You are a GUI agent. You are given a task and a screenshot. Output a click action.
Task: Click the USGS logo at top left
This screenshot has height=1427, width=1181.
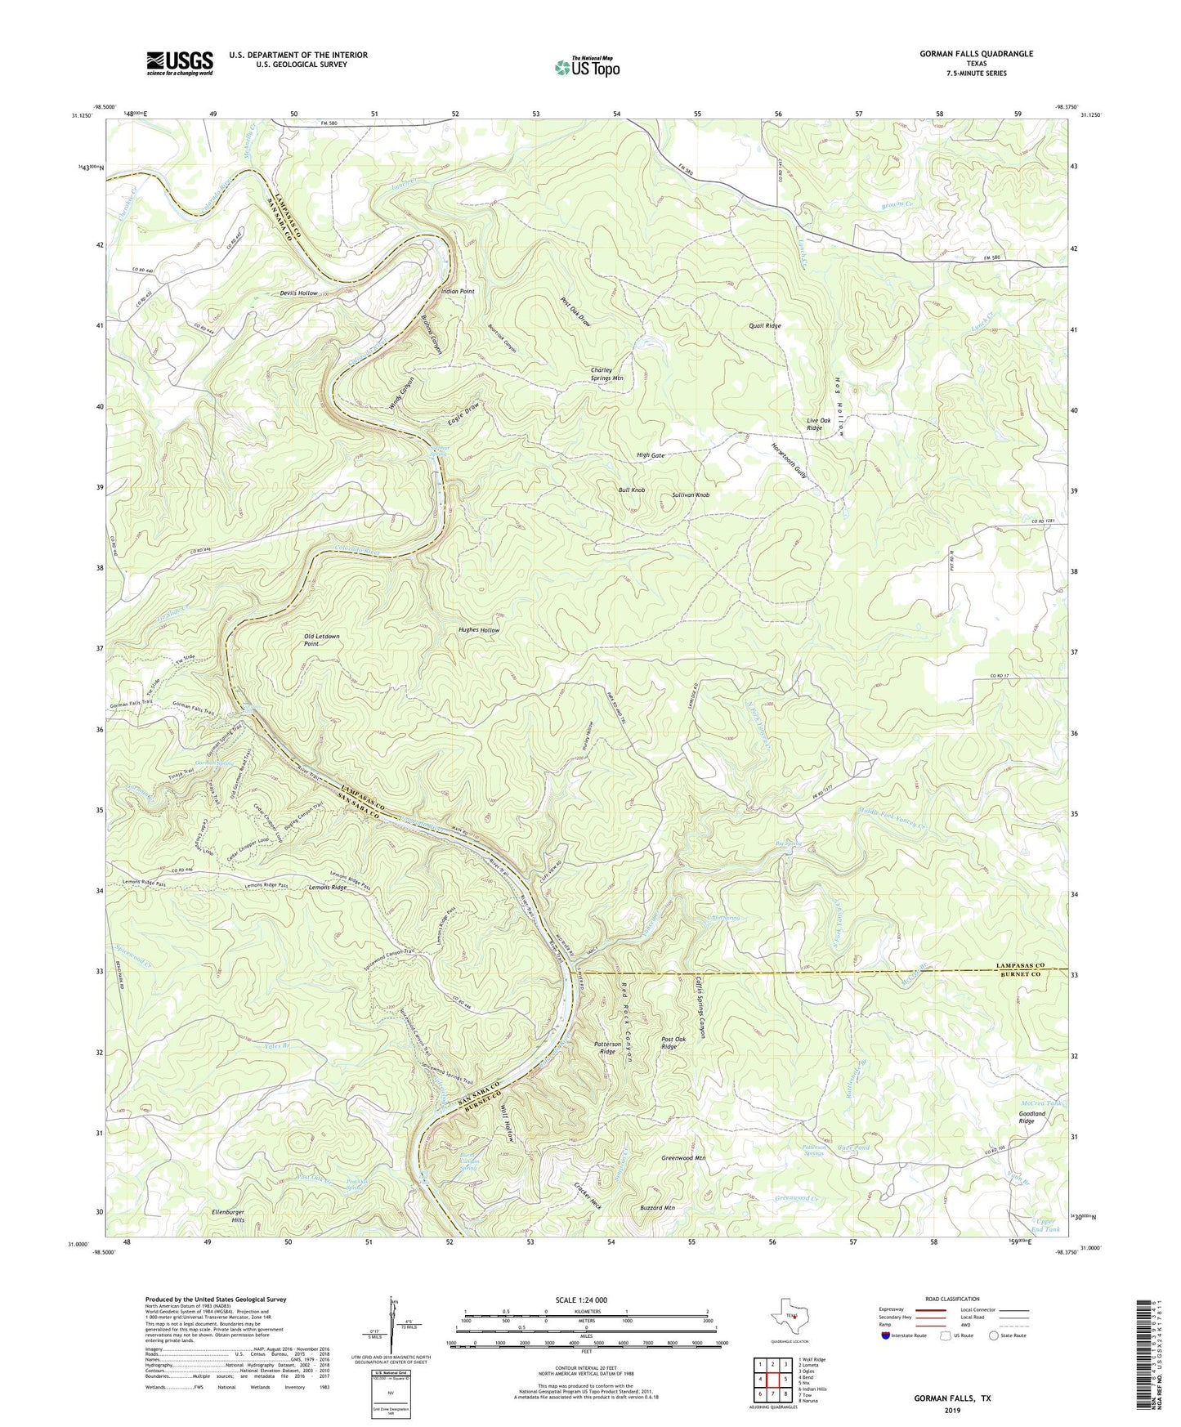point(180,63)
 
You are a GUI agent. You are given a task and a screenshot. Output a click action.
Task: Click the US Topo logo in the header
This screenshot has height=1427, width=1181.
point(587,67)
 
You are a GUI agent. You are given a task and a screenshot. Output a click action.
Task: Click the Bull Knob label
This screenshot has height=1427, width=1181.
point(631,490)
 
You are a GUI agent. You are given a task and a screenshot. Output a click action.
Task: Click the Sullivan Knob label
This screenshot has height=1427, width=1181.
point(691,495)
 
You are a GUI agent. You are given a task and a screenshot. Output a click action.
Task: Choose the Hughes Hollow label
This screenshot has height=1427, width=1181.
point(478,630)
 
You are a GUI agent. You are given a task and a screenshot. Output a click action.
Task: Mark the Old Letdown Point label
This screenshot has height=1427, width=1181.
point(321,640)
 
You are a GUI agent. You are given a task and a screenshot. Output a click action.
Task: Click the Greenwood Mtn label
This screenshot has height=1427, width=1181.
point(682,1158)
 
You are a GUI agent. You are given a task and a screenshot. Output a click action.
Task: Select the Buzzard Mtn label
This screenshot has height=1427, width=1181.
point(657,1207)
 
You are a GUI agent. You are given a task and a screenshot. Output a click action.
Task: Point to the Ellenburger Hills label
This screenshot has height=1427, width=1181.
point(227,1216)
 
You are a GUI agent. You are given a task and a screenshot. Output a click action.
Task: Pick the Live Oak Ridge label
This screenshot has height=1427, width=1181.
point(818,423)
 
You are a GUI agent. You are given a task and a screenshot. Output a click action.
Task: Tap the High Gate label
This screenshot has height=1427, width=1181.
point(651,455)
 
